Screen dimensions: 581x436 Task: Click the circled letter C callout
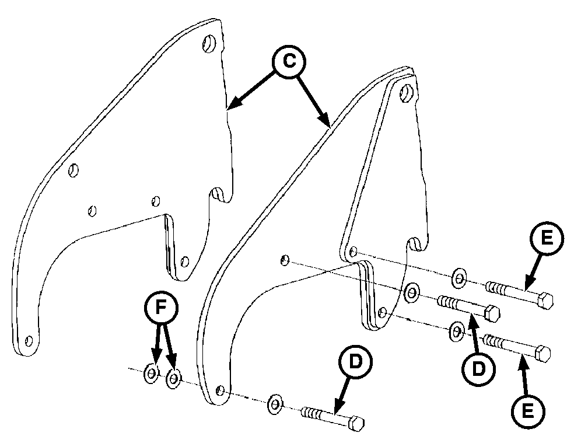click(289, 61)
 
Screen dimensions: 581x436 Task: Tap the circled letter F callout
click(161, 308)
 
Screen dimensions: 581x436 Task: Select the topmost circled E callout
click(547, 238)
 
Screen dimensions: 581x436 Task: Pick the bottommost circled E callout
click(528, 411)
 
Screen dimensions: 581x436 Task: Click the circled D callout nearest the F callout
click(356, 362)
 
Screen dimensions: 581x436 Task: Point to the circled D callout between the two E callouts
click(478, 369)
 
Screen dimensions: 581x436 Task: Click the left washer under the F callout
click(151, 374)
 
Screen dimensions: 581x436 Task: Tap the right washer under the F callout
click(173, 379)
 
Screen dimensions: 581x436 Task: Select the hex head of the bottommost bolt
click(356, 423)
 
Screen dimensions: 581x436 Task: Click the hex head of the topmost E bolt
click(545, 300)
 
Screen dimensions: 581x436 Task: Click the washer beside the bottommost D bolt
click(275, 404)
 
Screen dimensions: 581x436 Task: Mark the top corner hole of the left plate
click(209, 44)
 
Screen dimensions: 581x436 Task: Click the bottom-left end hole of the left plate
click(29, 341)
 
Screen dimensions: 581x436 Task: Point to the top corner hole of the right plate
click(407, 93)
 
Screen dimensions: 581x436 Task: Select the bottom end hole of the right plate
click(220, 390)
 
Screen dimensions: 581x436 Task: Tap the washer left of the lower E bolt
click(457, 331)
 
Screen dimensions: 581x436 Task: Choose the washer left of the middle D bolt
click(412, 292)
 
